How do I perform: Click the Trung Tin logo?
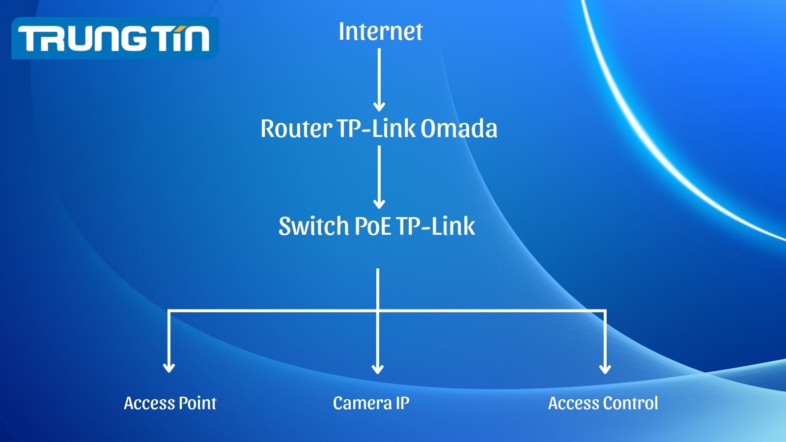click(114, 38)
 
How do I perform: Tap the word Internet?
click(380, 31)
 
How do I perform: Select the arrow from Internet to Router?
click(379, 79)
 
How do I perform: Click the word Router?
click(296, 129)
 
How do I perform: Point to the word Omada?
click(459, 129)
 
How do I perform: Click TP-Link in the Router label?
click(377, 129)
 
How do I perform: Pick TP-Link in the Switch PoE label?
click(436, 226)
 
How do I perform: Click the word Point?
click(197, 403)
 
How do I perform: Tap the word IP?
click(402, 403)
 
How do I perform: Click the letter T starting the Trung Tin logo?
click(31, 39)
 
